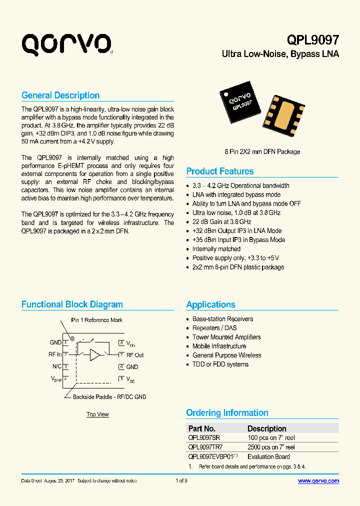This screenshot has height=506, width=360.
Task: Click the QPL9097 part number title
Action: coord(313,40)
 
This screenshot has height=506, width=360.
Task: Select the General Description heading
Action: coord(60,95)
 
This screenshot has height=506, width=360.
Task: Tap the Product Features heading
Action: coord(220,171)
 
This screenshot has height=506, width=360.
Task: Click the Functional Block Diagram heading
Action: coord(72,304)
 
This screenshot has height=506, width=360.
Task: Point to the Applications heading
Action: coord(210,305)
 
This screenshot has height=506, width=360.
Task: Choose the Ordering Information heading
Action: coord(227,413)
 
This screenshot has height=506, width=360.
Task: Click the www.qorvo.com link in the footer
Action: coord(318,481)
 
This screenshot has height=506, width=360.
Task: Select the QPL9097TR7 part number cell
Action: coord(205,447)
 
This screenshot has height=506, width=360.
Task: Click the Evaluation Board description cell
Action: coord(268,456)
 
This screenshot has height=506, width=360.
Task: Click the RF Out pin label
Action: coord(135,355)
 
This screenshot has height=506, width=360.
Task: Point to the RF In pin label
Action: coord(55,355)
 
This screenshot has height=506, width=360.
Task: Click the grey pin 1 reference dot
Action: coord(72,338)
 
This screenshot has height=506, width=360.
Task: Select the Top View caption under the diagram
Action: coord(97,414)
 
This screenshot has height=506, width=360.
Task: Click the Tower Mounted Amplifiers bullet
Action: coord(226,337)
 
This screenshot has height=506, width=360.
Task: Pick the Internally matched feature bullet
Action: coord(216,249)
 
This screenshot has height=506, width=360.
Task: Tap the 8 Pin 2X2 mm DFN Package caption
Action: coord(262,152)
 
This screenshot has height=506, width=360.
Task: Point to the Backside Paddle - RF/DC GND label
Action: coord(109,397)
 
